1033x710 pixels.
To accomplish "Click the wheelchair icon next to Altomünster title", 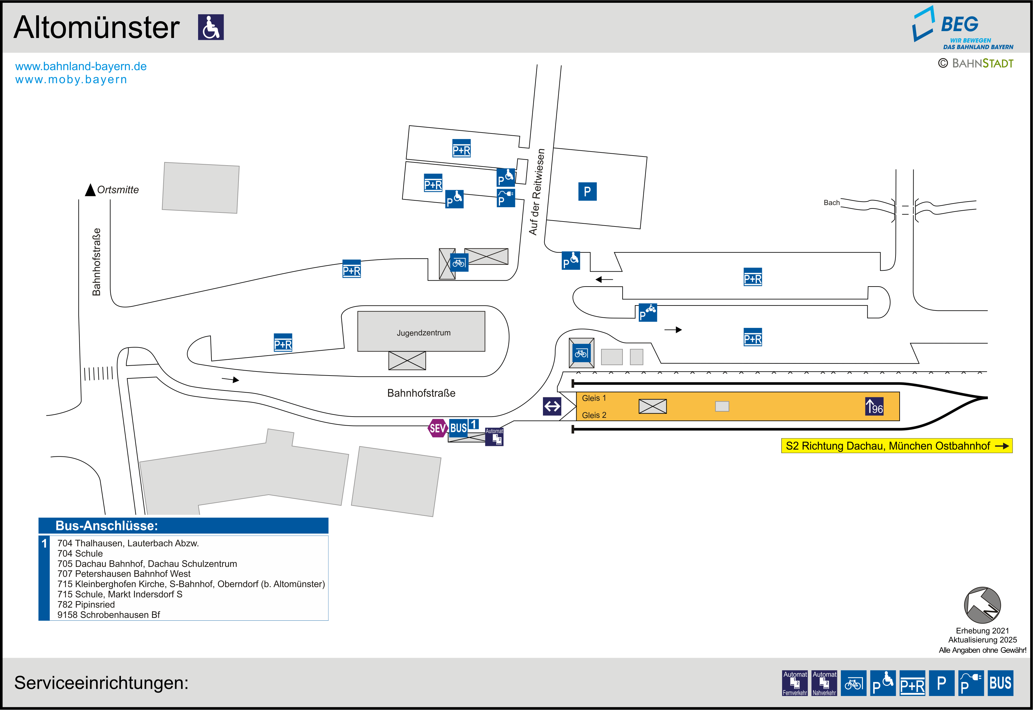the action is click(x=211, y=27).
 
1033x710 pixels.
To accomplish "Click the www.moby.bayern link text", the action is click(x=71, y=80).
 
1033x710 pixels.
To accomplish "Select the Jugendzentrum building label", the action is click(x=424, y=333).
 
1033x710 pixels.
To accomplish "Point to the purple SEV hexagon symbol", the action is click(x=438, y=428).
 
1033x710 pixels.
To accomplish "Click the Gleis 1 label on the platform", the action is click(x=594, y=398).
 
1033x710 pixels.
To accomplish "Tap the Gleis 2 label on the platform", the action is click(x=594, y=415).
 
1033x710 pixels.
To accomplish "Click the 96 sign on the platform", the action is click(x=874, y=406).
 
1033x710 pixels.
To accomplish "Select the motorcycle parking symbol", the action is click(x=648, y=312).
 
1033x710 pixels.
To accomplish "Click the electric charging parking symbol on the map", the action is click(x=506, y=198).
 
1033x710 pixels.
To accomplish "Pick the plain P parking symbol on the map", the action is click(x=587, y=192).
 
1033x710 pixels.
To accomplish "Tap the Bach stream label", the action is click(x=831, y=203).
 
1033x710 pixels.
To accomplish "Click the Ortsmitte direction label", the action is click(x=118, y=190).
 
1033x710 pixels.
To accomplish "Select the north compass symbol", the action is click(x=982, y=605).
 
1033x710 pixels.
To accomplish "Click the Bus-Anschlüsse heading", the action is click(x=107, y=526).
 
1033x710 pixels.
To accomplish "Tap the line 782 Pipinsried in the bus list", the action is click(x=86, y=605).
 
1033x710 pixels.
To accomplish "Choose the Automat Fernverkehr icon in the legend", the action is click(x=795, y=683).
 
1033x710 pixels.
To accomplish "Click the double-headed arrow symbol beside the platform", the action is click(x=552, y=406).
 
